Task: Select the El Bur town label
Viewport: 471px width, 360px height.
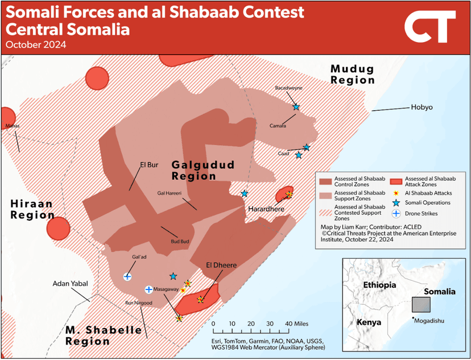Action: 148,166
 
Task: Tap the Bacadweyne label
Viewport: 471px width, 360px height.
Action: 289,88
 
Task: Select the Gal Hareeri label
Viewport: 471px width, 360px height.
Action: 169,193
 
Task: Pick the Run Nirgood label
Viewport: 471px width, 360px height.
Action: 138,303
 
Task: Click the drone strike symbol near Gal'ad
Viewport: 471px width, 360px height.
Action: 127,276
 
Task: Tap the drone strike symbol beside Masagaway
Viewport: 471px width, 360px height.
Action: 148,289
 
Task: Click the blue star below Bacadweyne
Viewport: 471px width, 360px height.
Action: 296,107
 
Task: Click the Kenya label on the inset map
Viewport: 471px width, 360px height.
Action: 369,322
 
